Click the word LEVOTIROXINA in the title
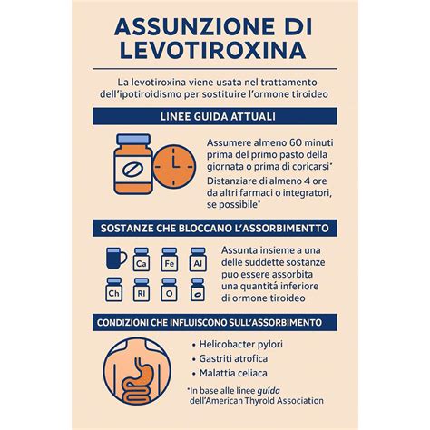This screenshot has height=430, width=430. tap(214, 48)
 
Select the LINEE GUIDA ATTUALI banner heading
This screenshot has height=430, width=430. tap(215, 118)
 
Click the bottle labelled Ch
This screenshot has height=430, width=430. tap(115, 293)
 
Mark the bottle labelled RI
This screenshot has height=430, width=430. tap(142, 293)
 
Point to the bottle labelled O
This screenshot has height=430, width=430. tap(169, 293)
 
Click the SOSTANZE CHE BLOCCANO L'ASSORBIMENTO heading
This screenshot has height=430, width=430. tap(215, 227)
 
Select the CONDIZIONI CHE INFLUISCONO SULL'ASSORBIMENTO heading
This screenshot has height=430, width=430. tap(215, 323)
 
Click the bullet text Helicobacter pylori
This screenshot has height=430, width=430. tap(238, 344)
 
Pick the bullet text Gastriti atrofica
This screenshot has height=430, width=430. tap(231, 361)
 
